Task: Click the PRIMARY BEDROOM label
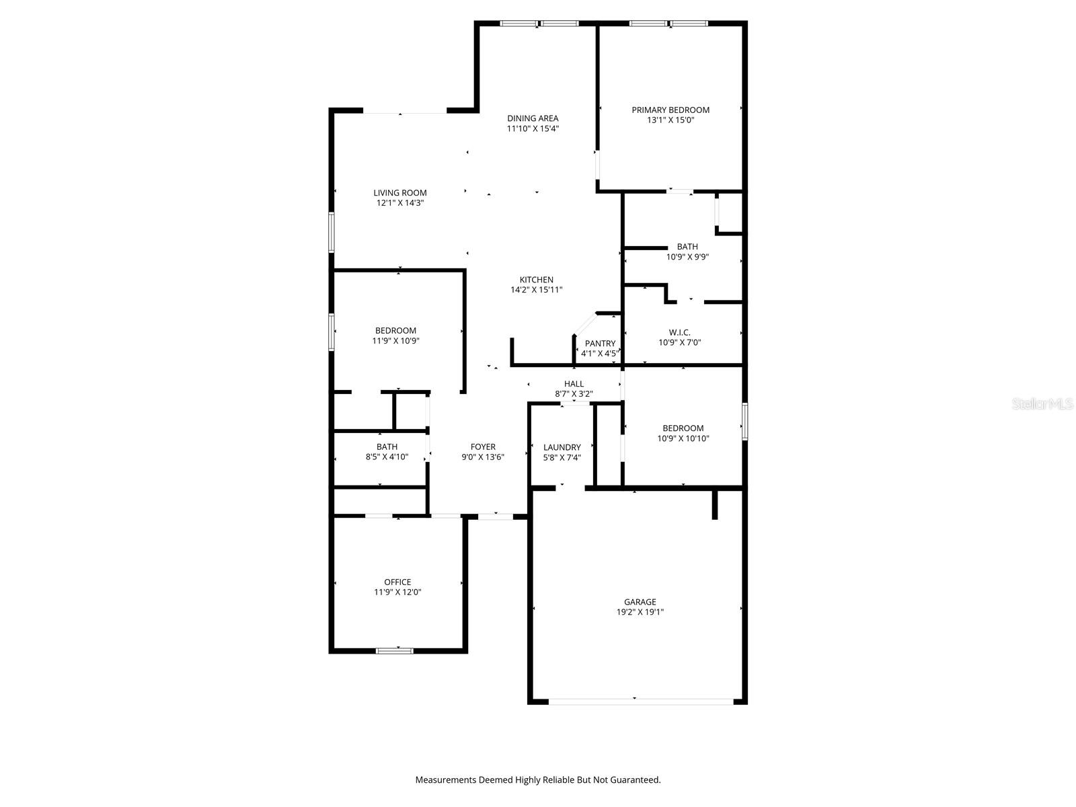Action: coord(670,110)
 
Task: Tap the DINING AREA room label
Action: coord(533,118)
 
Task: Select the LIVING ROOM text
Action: coord(400,193)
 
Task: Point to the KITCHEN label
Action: coord(536,280)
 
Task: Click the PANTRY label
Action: coord(600,343)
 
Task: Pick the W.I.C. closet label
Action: coord(679,332)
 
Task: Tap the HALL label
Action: coord(574,383)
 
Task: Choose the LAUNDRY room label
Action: coord(562,447)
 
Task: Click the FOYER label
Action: coord(483,447)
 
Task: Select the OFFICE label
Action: coord(397,582)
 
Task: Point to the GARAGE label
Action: coord(640,602)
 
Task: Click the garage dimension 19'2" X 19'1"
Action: coord(640,612)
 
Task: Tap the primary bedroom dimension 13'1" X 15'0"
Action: coord(670,120)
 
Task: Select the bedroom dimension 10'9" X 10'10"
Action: coord(683,438)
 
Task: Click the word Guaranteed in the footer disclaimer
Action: coord(637,780)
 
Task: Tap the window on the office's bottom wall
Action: coord(394,650)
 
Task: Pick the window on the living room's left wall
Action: coord(331,232)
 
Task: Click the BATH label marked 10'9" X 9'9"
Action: coord(687,247)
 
